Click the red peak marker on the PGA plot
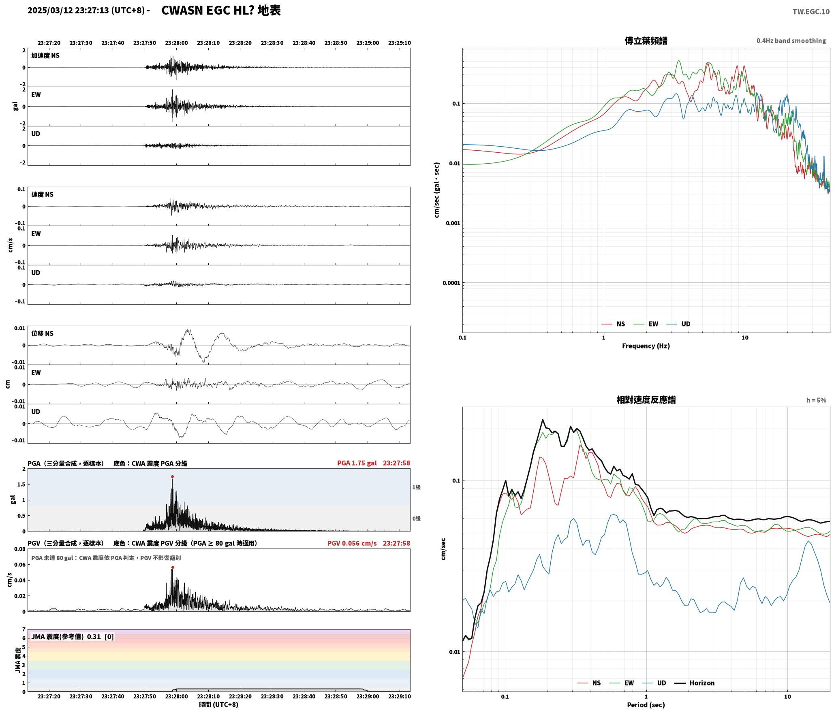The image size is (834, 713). (172, 477)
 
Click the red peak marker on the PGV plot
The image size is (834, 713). (173, 568)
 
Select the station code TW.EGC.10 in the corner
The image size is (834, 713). (811, 12)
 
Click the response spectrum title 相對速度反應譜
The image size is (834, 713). (646, 400)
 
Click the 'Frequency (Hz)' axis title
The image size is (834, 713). (646, 346)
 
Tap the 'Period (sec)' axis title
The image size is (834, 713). (646, 705)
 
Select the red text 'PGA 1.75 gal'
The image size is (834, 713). (357, 463)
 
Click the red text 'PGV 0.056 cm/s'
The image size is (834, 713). (352, 543)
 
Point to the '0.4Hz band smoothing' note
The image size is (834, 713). (791, 41)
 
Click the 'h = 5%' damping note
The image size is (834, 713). (816, 400)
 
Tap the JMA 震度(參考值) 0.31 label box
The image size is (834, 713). (73, 637)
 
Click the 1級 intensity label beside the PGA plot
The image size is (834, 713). (416, 487)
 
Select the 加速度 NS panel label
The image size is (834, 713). (45, 56)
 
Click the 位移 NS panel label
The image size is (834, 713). (42, 333)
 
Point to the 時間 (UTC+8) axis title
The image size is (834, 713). (218, 704)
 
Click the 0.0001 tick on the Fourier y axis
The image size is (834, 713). (451, 283)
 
